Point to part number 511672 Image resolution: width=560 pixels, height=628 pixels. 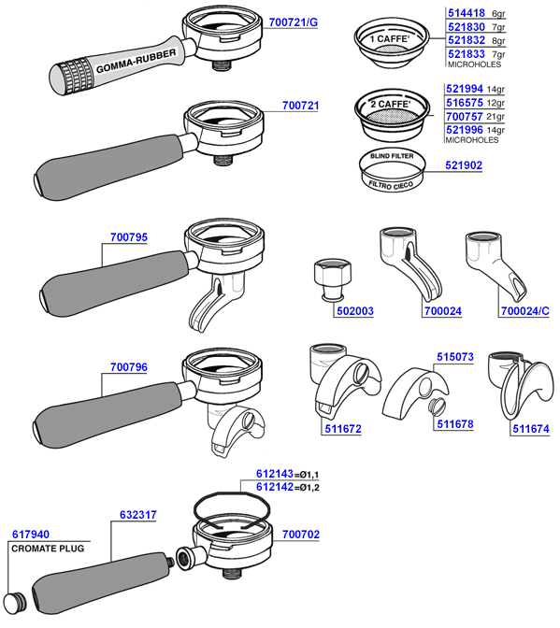[341, 429]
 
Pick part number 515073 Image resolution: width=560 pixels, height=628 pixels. [455, 356]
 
